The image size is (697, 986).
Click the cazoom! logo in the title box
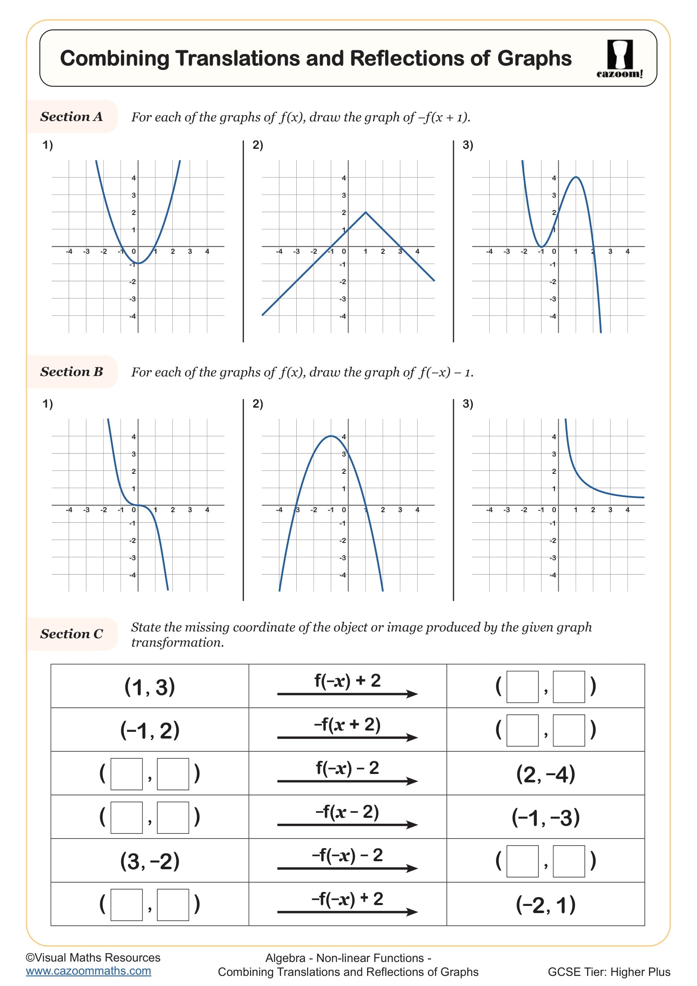[x=619, y=59]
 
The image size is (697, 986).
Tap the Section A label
[x=72, y=116]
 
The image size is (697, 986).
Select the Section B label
[x=72, y=371]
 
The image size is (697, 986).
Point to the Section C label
[x=72, y=634]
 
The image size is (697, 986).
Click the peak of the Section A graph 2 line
[x=365, y=212]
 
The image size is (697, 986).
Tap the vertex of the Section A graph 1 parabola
[x=138, y=263]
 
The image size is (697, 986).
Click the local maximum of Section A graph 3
[x=576, y=177]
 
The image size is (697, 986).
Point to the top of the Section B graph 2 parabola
[x=331, y=436]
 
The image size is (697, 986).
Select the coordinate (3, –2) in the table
[x=150, y=861]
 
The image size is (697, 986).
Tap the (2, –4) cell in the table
[x=545, y=774]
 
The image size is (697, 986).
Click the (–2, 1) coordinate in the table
[x=545, y=904]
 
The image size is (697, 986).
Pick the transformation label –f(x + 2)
[x=347, y=725]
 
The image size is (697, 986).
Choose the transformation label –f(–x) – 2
[x=347, y=854]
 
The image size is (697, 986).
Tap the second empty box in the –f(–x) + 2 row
[x=173, y=904]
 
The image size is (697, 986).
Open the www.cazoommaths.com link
[x=88, y=971]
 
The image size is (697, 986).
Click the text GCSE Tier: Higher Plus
[x=609, y=971]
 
